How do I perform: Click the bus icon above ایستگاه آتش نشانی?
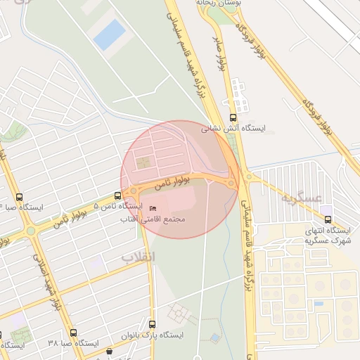(x=233, y=118)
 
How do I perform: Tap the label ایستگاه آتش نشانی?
(x=234, y=129)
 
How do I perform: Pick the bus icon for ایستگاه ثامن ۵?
(x=117, y=195)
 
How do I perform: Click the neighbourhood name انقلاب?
(x=138, y=257)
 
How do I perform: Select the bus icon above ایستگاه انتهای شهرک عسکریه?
(x=328, y=219)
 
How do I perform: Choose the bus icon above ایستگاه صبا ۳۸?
(x=73, y=333)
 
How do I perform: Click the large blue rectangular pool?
(x=109, y=34)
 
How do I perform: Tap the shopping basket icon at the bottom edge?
(x=108, y=352)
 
